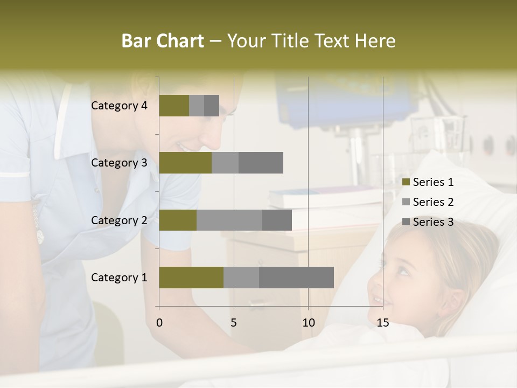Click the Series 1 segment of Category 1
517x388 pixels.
tap(191, 278)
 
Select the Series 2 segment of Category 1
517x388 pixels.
tap(241, 278)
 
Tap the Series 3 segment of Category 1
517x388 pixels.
tap(296, 278)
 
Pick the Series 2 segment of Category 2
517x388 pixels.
tap(229, 220)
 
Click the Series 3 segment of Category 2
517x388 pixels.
tap(277, 220)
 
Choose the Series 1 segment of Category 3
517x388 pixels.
tap(185, 163)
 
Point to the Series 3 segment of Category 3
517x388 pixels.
tap(261, 163)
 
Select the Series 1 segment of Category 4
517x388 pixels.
tap(174, 106)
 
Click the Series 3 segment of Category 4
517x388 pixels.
tap(212, 106)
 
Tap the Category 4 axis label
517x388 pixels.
tap(119, 106)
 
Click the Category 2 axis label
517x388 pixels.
tap(119, 220)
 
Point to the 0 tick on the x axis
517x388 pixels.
tap(159, 323)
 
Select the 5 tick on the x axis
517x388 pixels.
tap(234, 323)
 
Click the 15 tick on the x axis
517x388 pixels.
tap(383, 323)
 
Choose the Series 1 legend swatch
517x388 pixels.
tap(406, 182)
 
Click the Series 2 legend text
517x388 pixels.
tap(433, 202)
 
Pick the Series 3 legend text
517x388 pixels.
tap(433, 222)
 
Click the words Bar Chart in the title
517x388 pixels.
tap(163, 41)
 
